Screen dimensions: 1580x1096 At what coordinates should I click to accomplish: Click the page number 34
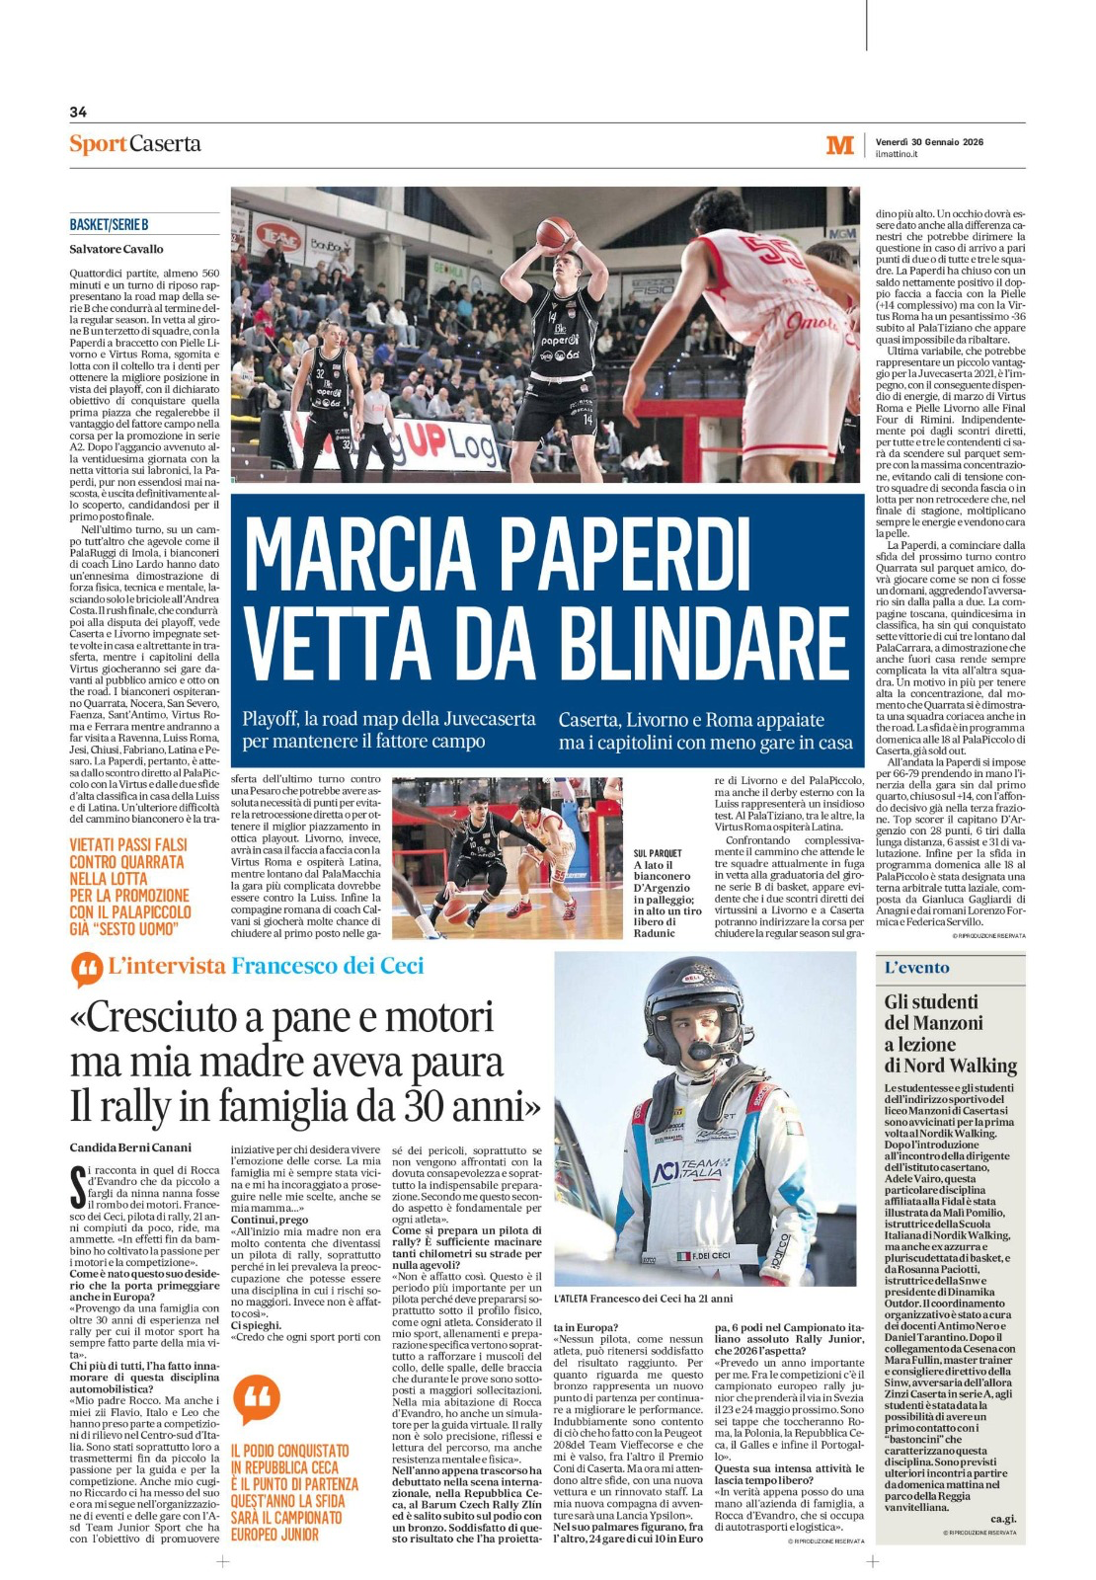[x=78, y=113]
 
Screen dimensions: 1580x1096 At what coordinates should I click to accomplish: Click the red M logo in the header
[x=839, y=146]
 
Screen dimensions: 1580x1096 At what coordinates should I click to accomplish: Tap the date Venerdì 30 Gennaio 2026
[x=929, y=141]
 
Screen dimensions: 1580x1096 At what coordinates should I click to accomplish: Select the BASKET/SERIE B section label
[x=109, y=225]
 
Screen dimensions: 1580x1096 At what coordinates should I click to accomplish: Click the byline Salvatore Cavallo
[x=117, y=249]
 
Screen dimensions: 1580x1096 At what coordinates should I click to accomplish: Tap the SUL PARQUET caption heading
[x=658, y=853]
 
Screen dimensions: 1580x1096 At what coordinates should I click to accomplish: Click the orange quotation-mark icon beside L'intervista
[x=87, y=970]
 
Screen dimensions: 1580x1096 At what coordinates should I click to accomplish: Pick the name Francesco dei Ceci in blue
[x=327, y=966]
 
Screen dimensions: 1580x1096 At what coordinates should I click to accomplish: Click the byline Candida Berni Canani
[x=130, y=1147]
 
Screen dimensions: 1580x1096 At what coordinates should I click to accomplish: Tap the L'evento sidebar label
[x=916, y=968]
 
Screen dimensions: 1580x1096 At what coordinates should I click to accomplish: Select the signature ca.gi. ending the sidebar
[x=1003, y=1518]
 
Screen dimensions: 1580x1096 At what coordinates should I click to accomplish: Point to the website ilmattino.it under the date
[x=897, y=154]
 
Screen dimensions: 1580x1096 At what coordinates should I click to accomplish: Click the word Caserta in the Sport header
[x=166, y=143]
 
